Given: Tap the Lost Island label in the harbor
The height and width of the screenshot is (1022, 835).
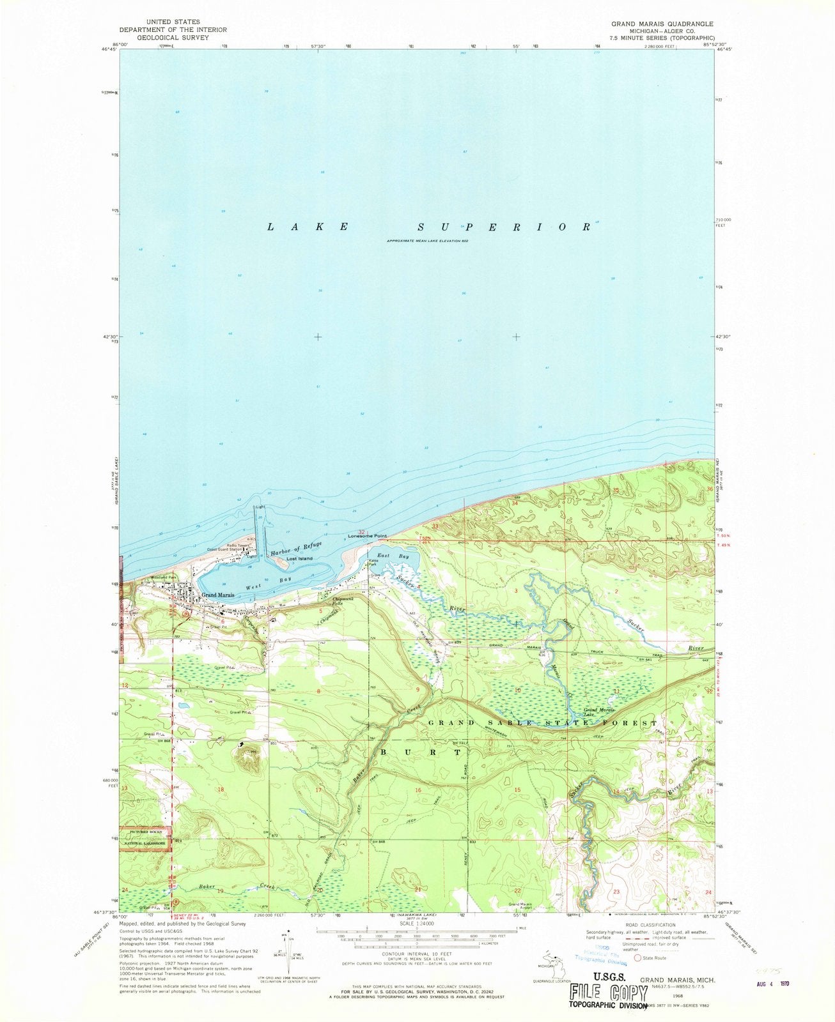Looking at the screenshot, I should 299,558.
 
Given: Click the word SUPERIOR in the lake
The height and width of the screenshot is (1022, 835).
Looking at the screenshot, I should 504,227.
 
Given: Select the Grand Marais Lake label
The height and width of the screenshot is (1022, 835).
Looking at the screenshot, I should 598,712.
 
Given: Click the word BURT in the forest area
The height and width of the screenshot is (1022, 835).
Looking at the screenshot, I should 421,752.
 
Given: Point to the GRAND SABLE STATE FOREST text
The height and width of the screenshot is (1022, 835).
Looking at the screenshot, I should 542,723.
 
